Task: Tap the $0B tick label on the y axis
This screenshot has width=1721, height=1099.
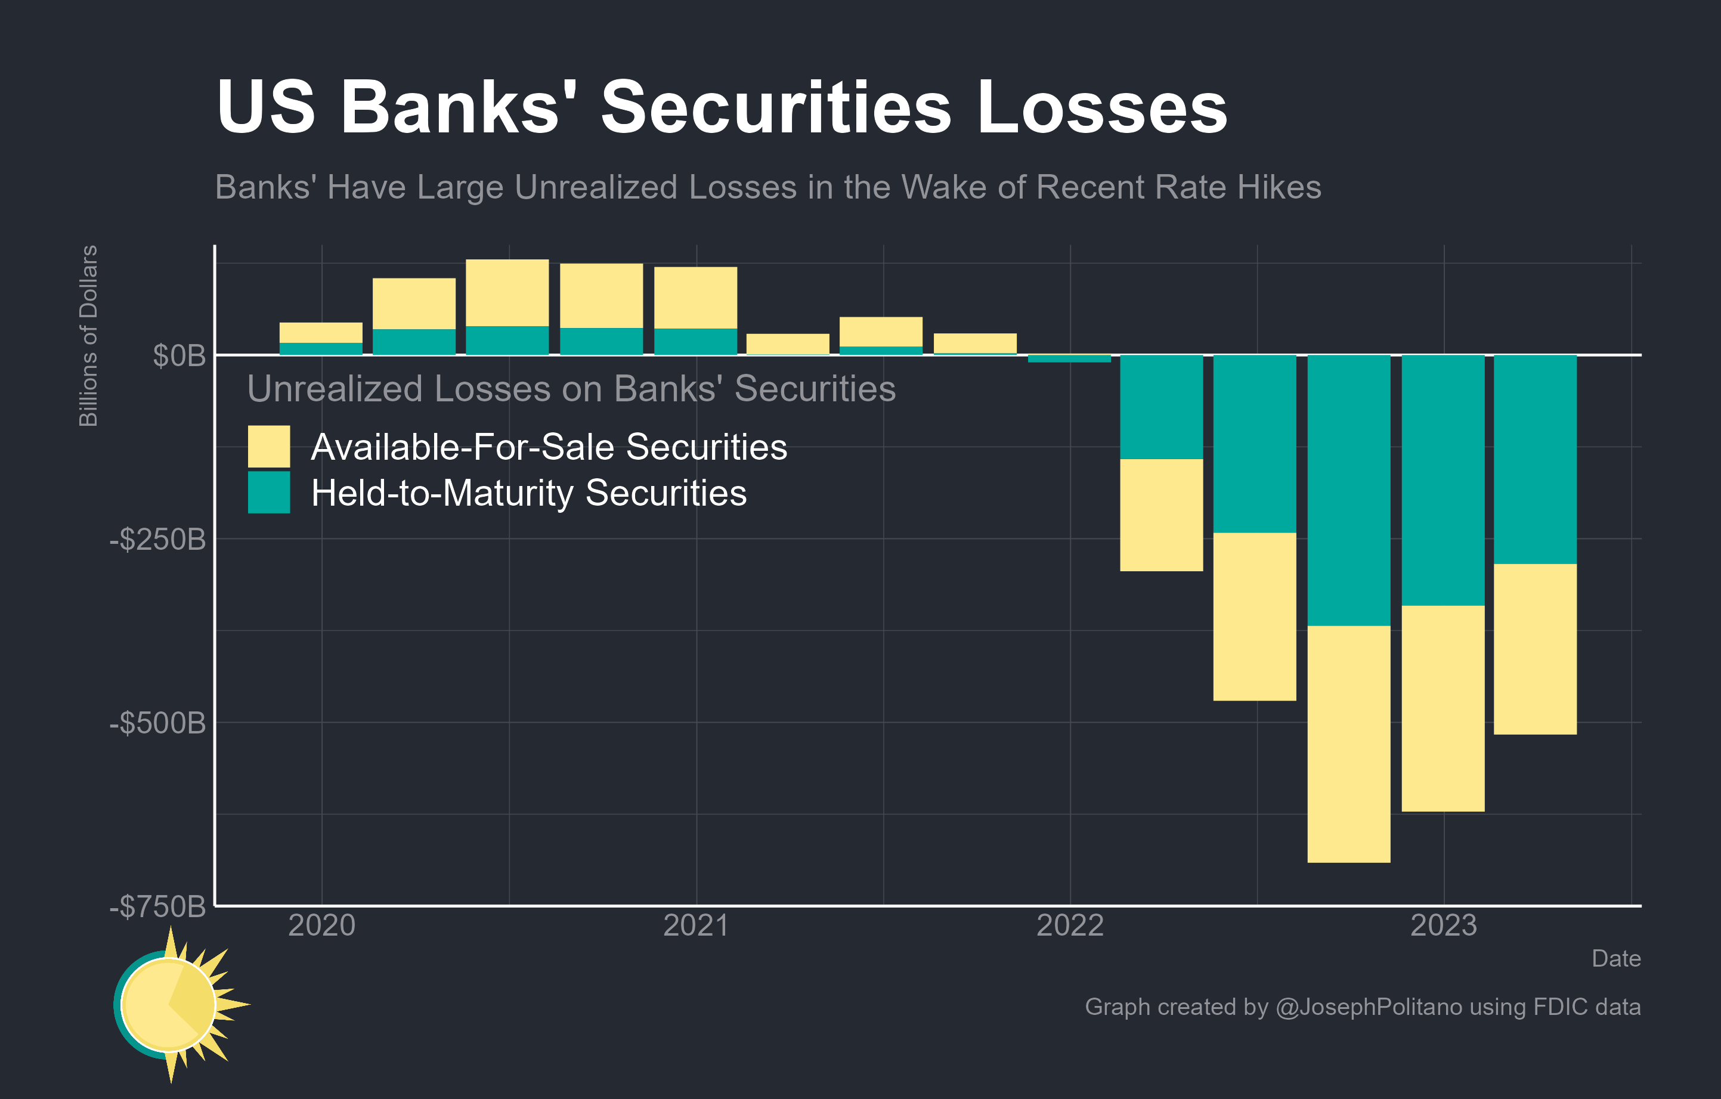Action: tap(179, 356)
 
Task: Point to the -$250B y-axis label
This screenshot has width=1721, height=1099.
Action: tap(158, 540)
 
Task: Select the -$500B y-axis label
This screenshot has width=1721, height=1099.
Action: tap(158, 723)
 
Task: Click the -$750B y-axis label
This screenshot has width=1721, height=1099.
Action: tap(158, 907)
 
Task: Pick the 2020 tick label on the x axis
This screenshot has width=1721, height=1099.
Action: tap(321, 925)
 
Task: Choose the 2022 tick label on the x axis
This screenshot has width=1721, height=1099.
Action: tap(1070, 925)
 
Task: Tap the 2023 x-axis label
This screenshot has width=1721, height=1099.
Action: tap(1444, 925)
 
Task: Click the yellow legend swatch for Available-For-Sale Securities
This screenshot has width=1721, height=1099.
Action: tap(269, 446)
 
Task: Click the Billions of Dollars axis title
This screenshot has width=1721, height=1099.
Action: tap(88, 336)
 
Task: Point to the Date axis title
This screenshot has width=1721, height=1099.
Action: tap(1615, 958)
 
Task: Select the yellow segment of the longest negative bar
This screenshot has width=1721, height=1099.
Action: tap(1349, 743)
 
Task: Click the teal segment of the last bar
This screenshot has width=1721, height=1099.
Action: tap(1535, 459)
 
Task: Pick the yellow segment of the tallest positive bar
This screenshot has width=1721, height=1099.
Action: tap(507, 293)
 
